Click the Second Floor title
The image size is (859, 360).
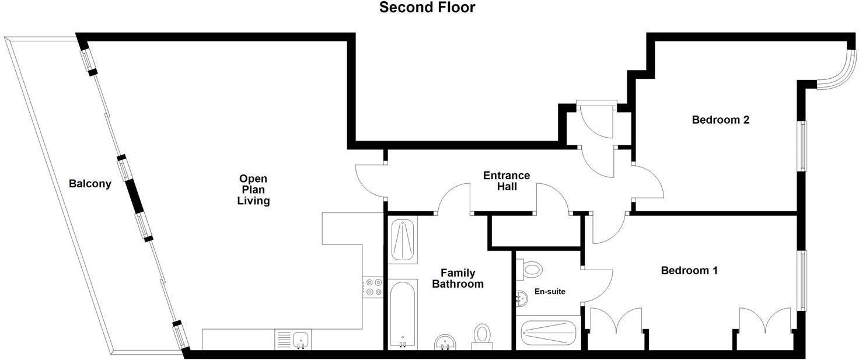tap(427, 8)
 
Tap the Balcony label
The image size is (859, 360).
tap(90, 184)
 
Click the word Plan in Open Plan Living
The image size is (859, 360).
tap(253, 190)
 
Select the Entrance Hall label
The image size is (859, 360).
tap(507, 181)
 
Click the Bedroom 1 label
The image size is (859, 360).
tap(689, 271)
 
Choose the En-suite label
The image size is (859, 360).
tap(549, 292)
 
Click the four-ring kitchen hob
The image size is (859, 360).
tap(372, 287)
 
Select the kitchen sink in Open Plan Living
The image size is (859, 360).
tap(301, 339)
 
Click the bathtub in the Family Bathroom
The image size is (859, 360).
tap(402, 314)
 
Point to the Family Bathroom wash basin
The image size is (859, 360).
tap(446, 342)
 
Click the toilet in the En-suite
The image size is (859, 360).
tap(531, 269)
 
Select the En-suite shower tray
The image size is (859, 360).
tap(548, 333)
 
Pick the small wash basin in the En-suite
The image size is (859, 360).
tap(522, 299)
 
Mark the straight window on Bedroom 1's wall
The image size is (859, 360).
tap(802, 280)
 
